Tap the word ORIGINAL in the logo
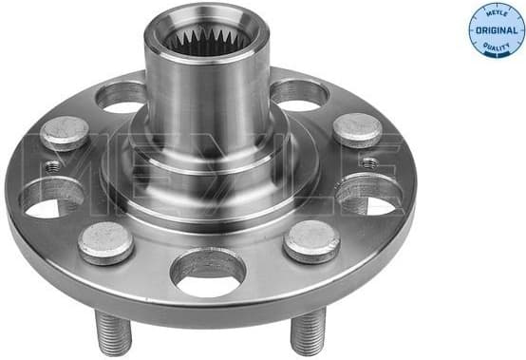click(496, 30)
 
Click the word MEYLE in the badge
click(496, 13)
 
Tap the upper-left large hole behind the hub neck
click(122, 96)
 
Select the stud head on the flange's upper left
click(65, 133)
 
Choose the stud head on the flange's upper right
click(357, 130)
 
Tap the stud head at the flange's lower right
click(311, 240)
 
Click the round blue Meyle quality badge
click(496, 30)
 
